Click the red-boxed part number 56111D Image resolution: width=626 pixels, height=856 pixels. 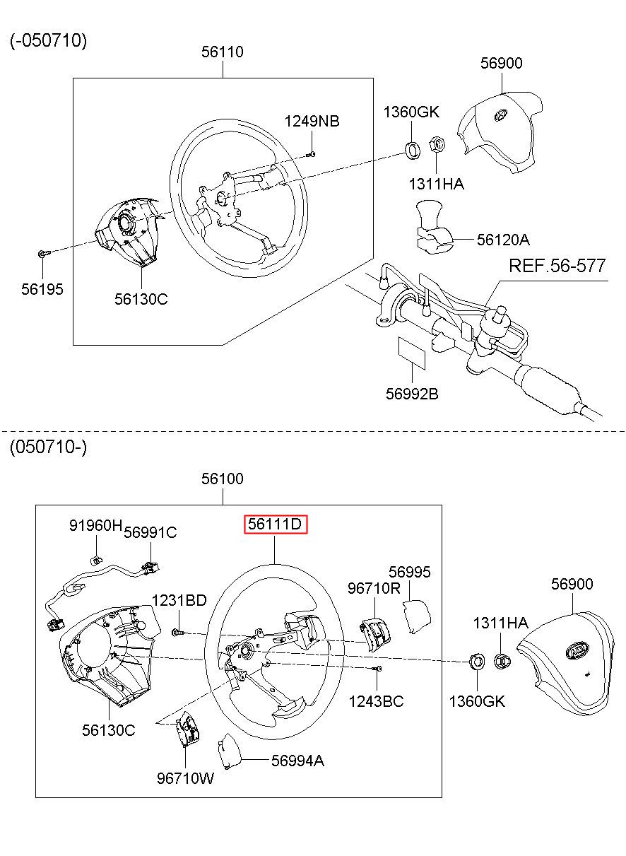(x=275, y=524)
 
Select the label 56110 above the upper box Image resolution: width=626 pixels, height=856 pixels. (x=223, y=52)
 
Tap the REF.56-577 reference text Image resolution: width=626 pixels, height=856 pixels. (x=557, y=266)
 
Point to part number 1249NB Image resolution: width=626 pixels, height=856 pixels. (x=312, y=121)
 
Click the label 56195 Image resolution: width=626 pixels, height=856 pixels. (x=42, y=289)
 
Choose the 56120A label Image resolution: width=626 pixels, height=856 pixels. (x=503, y=240)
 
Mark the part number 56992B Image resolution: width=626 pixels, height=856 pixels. (x=412, y=394)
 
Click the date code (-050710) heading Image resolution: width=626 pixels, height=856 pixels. (x=49, y=40)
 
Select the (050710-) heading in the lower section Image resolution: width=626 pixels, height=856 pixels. (x=49, y=446)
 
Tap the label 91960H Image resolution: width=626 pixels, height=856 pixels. (x=95, y=525)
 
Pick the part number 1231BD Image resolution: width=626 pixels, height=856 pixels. (x=179, y=600)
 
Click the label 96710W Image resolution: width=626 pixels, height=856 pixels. (x=185, y=778)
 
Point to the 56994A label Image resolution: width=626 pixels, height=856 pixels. (x=297, y=761)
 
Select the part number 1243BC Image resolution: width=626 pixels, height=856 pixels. (x=376, y=701)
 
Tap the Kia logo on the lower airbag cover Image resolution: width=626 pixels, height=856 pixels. (x=577, y=650)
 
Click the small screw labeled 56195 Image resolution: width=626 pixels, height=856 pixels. (x=44, y=253)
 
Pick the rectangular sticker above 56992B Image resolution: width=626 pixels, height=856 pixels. (x=412, y=353)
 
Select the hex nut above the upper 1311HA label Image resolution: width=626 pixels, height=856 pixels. (x=437, y=144)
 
